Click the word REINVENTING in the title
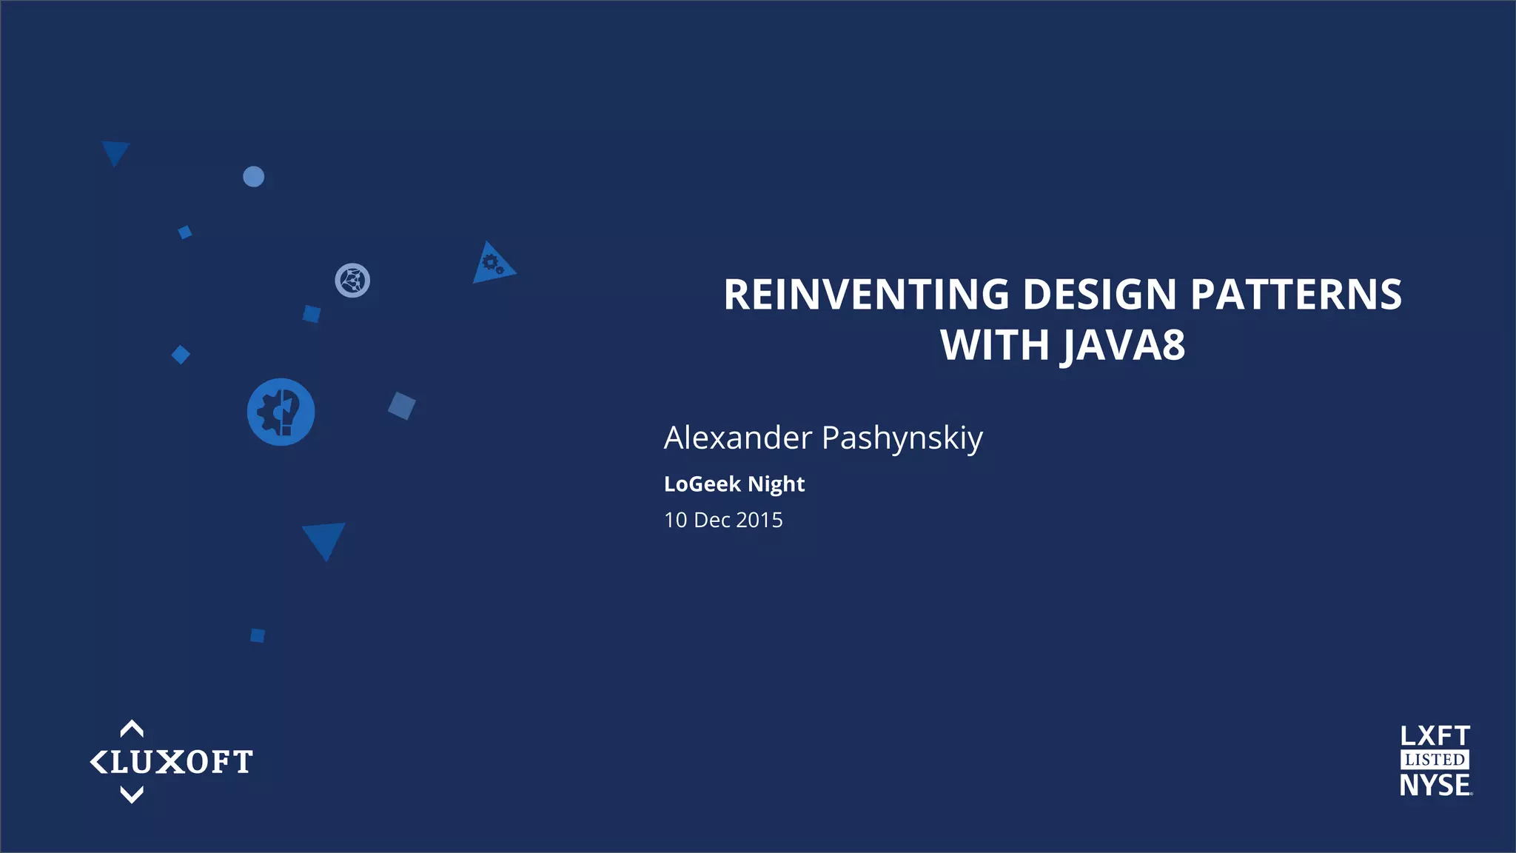[866, 295]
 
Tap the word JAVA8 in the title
[1123, 345]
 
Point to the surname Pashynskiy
[902, 438]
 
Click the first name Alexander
[738, 438]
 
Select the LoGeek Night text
[734, 484]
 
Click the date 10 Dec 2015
[723, 520]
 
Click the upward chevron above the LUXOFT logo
[132, 729]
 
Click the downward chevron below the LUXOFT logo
[132, 795]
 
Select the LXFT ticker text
[1435, 736]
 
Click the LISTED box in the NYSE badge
[1435, 760]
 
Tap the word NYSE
[1435, 786]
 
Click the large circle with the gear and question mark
[281, 412]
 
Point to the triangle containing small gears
[491, 265]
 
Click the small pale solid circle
[253, 176]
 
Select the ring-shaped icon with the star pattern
[352, 281]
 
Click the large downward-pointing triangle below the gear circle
[324, 538]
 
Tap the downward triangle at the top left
[115, 151]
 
